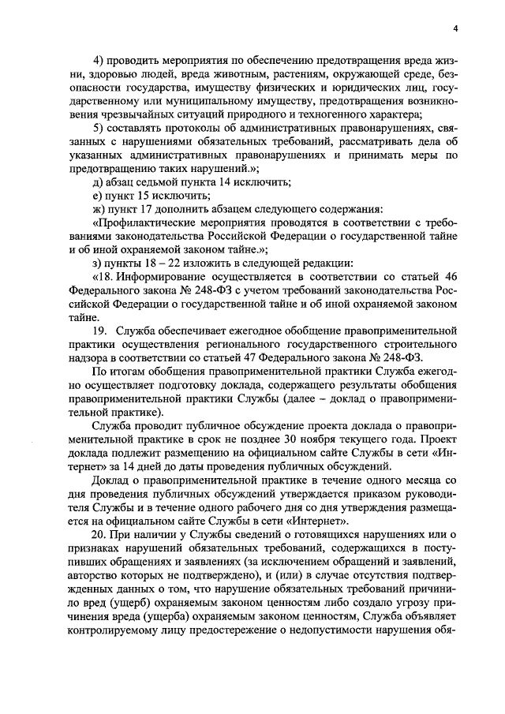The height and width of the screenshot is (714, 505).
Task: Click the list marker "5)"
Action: point(99,129)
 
